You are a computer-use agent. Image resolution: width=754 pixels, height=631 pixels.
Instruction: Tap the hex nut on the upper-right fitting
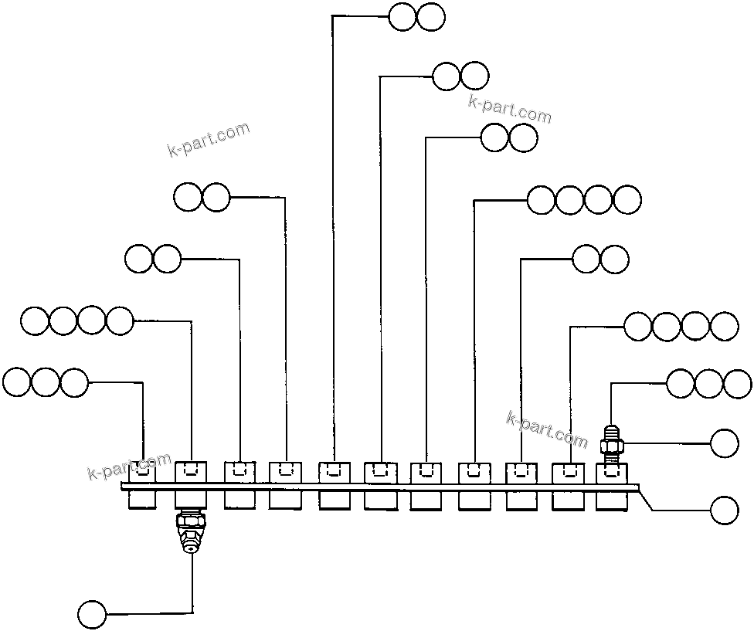(611, 444)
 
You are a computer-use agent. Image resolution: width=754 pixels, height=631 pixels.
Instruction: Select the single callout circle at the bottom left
(92, 614)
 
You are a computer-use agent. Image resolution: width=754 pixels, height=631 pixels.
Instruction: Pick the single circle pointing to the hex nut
(724, 443)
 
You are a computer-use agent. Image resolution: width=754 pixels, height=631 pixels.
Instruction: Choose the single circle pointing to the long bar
(724, 511)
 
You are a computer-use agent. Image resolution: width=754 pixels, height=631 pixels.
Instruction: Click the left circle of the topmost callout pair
(402, 16)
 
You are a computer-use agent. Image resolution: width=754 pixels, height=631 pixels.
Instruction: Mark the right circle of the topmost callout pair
(431, 16)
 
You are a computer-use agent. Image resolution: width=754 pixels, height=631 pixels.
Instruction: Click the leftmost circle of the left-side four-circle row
(35, 321)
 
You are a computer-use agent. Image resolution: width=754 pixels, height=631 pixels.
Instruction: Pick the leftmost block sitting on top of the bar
(143, 472)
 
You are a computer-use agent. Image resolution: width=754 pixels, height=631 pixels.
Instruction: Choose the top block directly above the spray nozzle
(191, 471)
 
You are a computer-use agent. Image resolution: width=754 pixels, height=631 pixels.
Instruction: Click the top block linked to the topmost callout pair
(332, 472)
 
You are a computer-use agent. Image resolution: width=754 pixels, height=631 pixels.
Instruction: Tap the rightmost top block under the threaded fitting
(611, 473)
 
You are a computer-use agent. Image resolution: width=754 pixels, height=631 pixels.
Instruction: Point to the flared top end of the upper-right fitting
(611, 427)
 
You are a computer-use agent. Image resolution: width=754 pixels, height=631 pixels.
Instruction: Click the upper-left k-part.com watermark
(209, 139)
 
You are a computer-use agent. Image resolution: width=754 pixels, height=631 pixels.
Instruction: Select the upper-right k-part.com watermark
(510, 110)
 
